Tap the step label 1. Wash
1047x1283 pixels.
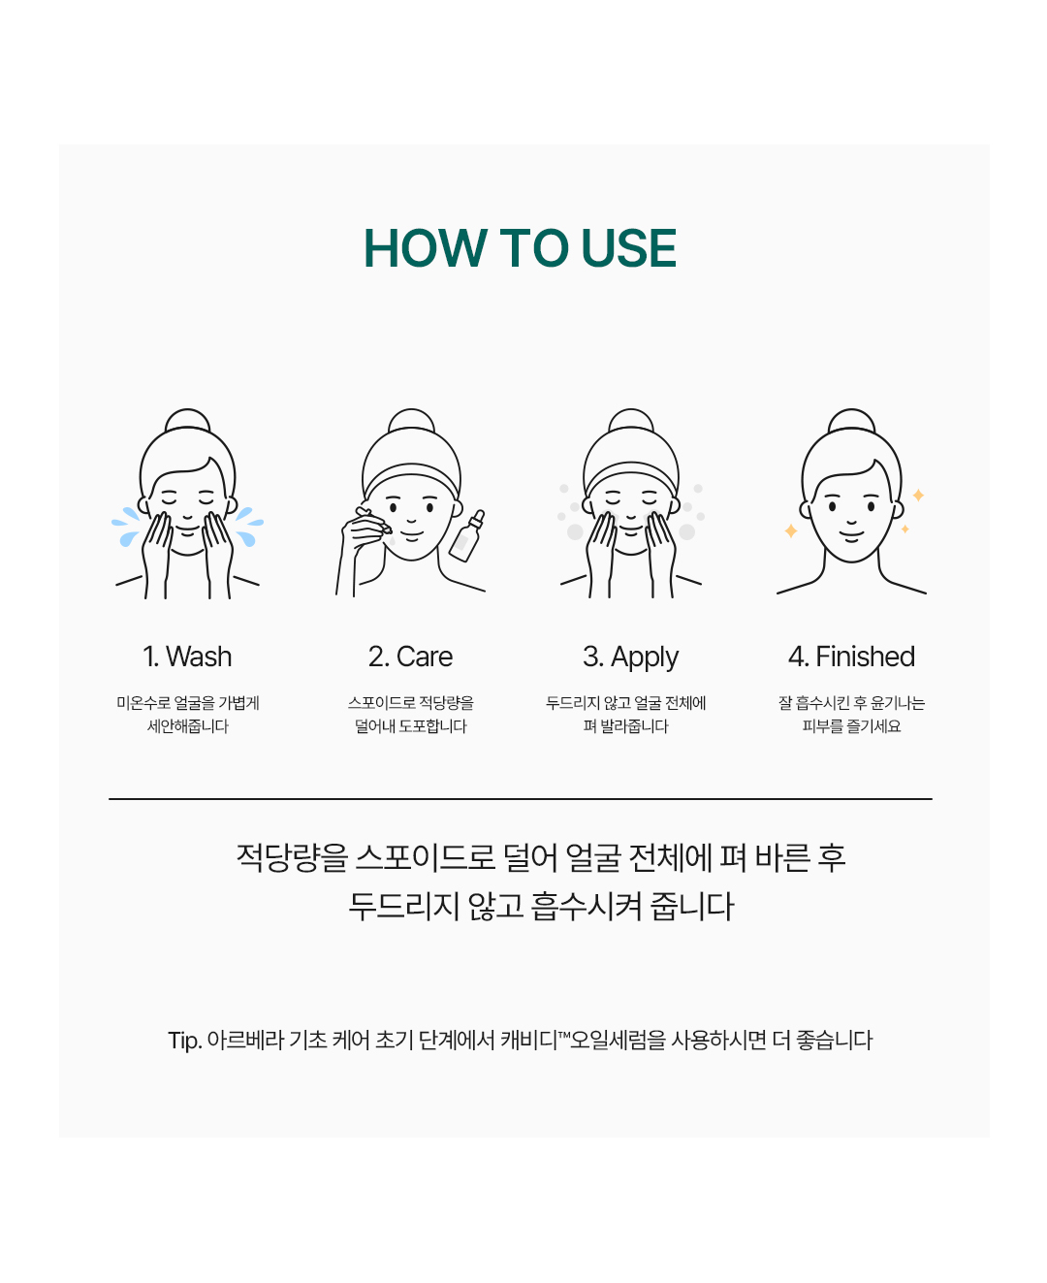[187, 657]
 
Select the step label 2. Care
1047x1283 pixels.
[410, 657]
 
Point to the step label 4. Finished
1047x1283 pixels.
[851, 657]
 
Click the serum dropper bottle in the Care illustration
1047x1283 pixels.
[467, 536]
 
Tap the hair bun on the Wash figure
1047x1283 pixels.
[187, 419]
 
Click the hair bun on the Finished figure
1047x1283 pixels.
[851, 419]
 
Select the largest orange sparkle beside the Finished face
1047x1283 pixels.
[790, 531]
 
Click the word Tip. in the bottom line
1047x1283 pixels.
[185, 1041]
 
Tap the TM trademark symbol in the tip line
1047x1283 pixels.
[563, 1034]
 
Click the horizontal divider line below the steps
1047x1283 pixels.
[520, 799]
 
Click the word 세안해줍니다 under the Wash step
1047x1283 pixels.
[187, 725]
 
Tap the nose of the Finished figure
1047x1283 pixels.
[851, 522]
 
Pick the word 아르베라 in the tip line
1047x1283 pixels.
[245, 1041]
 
